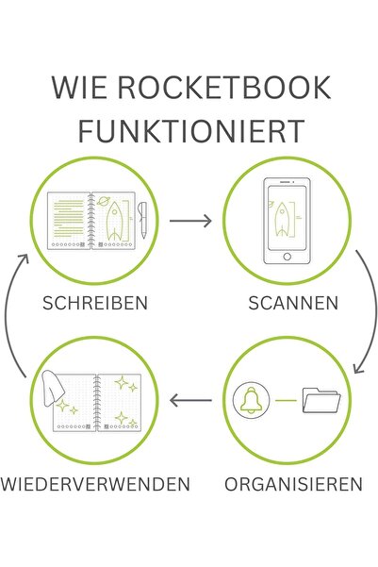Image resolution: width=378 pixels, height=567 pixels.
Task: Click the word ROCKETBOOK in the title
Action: (224, 87)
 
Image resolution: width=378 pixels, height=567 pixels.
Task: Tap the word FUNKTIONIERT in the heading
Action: (191, 130)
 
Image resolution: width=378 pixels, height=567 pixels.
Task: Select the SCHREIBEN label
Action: (95, 303)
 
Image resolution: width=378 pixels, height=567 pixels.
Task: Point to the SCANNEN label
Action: (293, 303)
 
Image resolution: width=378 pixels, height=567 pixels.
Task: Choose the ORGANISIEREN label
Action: (293, 484)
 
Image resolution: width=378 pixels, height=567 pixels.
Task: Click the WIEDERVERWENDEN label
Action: (95, 484)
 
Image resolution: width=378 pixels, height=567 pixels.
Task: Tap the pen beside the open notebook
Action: (142, 220)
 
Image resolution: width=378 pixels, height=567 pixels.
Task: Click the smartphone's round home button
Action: (287, 257)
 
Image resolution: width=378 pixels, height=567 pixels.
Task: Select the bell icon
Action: (252, 400)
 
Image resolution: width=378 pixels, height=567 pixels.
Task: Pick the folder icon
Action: (321, 400)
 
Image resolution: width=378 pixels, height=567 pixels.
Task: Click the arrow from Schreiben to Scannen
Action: (190, 221)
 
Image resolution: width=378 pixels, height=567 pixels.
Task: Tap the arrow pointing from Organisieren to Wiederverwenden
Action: (190, 400)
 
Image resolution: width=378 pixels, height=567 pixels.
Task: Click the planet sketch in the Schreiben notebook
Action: (103, 201)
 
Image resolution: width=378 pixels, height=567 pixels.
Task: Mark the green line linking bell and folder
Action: (286, 400)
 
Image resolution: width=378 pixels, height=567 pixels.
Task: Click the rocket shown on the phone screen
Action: (282, 220)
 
